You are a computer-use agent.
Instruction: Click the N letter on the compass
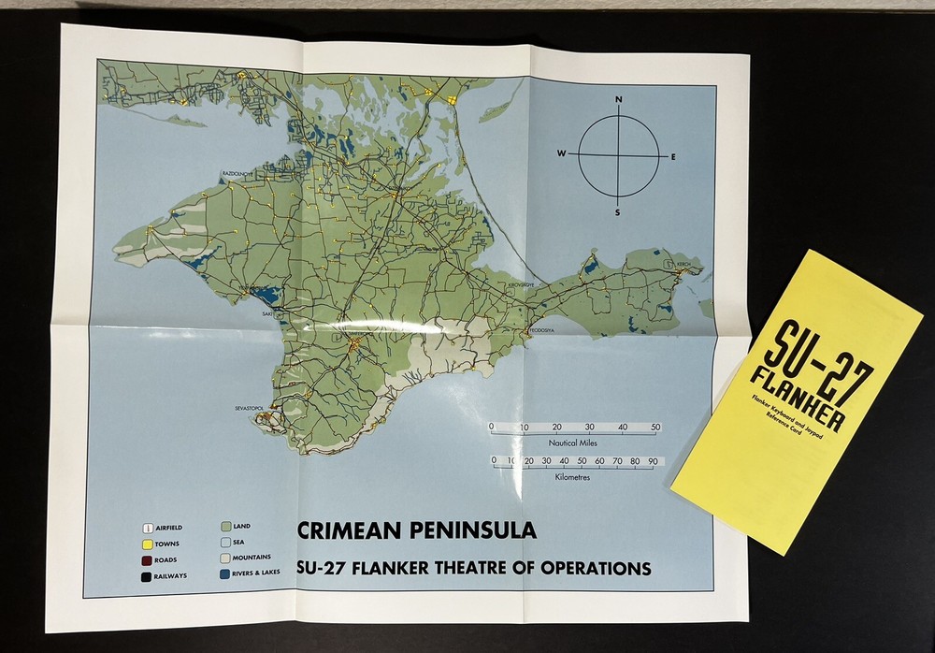click(618, 99)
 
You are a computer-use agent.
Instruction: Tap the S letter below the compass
click(617, 212)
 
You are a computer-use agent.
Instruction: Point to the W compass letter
click(562, 152)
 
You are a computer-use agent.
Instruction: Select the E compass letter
click(673, 156)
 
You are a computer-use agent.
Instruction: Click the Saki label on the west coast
click(268, 315)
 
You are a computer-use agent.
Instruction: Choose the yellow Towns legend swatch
click(146, 544)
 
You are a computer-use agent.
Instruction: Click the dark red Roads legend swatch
click(146, 560)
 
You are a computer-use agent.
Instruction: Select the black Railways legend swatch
click(146, 576)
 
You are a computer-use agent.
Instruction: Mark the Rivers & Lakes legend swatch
click(224, 573)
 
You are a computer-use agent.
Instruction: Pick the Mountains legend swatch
click(224, 558)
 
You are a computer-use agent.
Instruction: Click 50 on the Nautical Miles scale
click(655, 428)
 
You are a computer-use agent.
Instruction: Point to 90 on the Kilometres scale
click(652, 461)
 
